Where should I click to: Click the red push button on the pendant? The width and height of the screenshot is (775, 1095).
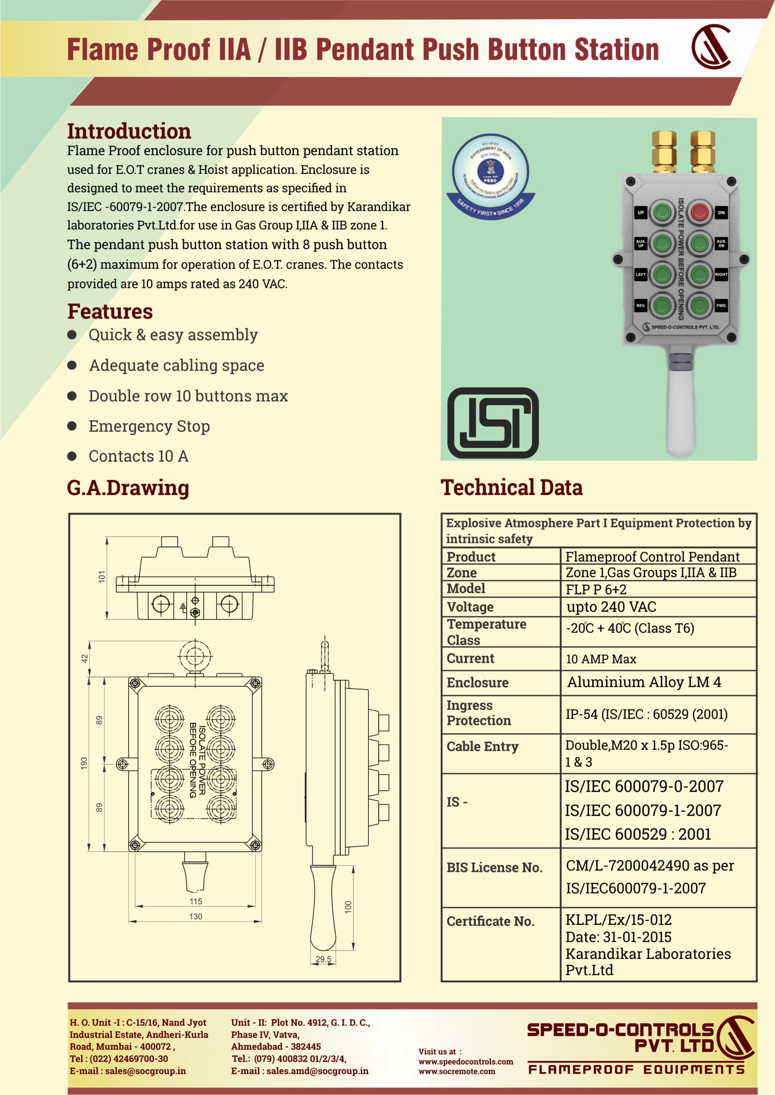coord(699,212)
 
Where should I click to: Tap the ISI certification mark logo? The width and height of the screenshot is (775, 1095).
coord(493,423)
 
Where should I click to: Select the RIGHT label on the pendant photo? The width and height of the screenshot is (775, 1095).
coord(721,274)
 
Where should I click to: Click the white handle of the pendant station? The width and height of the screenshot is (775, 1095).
coord(681,411)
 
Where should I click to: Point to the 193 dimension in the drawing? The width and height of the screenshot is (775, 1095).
coord(84,763)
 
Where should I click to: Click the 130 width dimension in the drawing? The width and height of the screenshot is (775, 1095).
coord(196,916)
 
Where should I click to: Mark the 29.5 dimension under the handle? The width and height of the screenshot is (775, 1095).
coord(323,959)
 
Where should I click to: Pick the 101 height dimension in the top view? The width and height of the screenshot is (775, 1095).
coord(101,576)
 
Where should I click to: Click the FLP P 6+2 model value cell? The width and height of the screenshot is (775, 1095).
coord(596,590)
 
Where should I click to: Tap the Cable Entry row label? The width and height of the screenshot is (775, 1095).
coord(482,746)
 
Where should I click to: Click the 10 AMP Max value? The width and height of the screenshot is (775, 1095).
coord(601,659)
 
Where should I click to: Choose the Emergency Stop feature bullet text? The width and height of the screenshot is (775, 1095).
coord(149,426)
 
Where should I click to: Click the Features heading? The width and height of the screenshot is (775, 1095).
coord(110,312)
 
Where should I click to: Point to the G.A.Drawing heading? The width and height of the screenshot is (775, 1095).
coord(128,488)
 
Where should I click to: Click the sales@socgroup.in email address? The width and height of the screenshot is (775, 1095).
coord(145,1071)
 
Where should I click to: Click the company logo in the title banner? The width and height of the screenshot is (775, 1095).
coord(711,47)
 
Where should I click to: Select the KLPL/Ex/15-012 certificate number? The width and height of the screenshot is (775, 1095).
coord(619,920)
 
